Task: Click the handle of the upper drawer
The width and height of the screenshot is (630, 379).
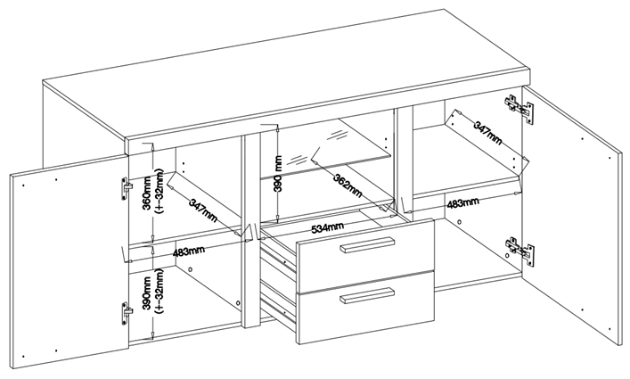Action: (x=366, y=248)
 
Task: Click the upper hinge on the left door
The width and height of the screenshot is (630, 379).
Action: (x=126, y=186)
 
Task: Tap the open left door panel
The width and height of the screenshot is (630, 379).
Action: (x=67, y=259)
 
